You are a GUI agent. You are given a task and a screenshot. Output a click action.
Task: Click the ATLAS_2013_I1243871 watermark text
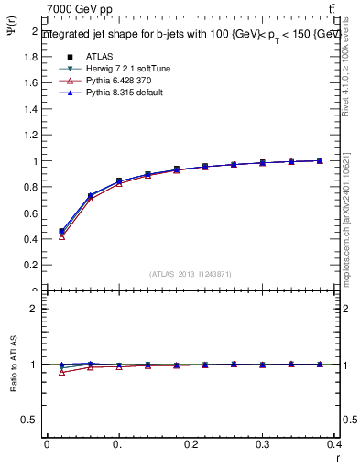pos(190,274)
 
